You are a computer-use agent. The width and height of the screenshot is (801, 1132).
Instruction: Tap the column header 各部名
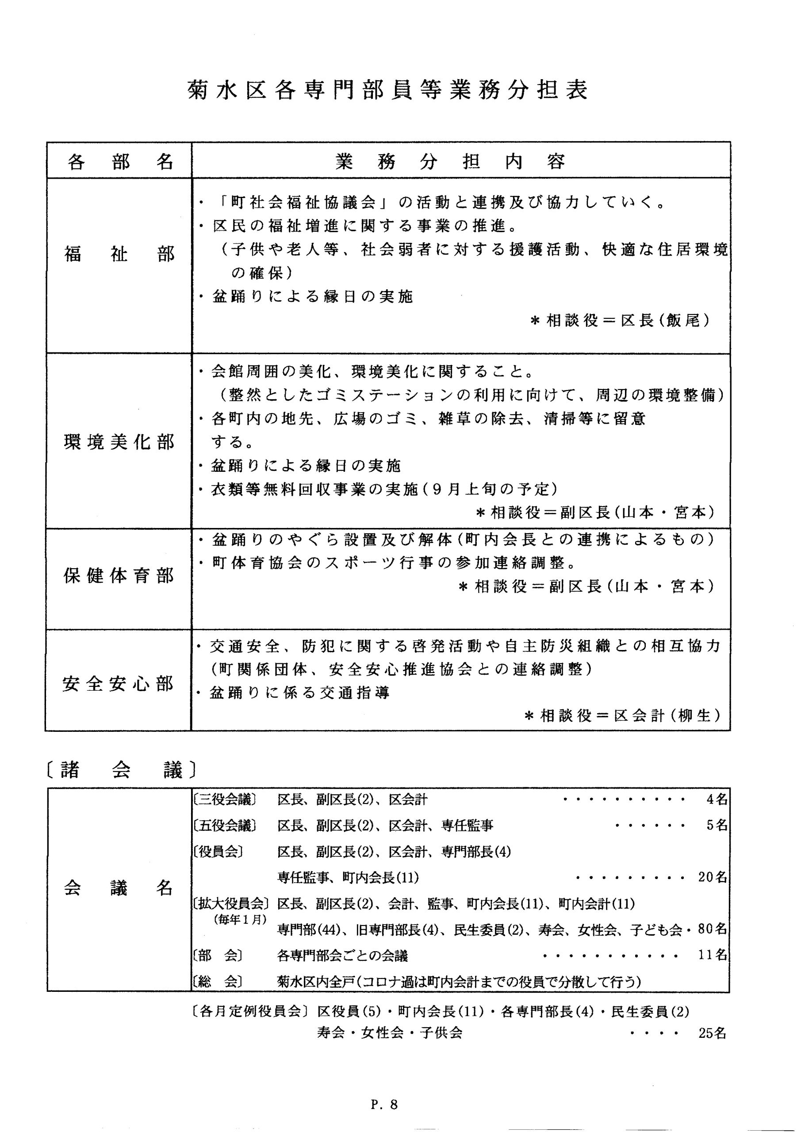(x=119, y=161)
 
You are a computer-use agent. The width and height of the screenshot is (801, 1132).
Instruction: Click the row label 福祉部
(x=119, y=254)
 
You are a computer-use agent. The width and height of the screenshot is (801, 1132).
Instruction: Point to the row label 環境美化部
(x=119, y=442)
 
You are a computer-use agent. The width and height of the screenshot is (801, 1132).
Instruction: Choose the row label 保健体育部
(x=119, y=575)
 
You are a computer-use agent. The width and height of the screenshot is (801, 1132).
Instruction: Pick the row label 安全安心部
(x=119, y=684)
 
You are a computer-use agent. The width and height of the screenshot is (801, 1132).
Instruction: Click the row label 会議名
(x=119, y=888)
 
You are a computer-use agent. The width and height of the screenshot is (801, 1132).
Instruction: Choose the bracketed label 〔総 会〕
(x=218, y=982)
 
